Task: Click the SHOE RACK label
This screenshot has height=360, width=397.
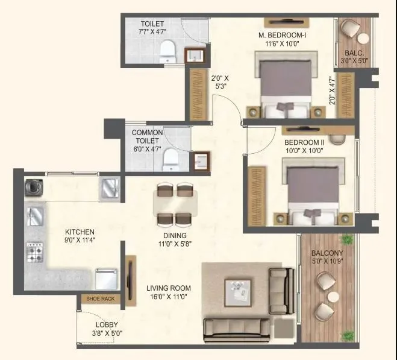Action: pos(99,298)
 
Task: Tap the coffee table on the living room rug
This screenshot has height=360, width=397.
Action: pos(240,291)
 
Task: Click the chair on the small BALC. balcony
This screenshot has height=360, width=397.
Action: pos(348,28)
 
